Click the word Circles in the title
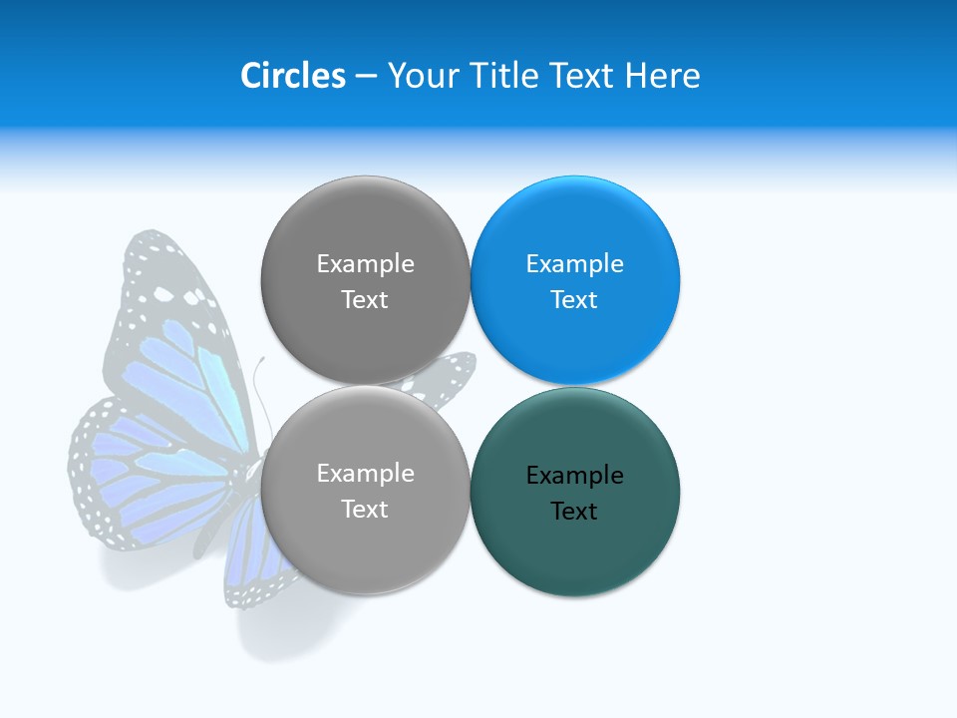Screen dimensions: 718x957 (x=293, y=76)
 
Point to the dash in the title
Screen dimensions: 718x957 (x=366, y=77)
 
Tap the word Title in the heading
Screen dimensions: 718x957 (x=504, y=76)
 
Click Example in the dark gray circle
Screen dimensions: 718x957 (x=365, y=263)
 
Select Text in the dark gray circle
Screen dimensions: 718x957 (x=365, y=299)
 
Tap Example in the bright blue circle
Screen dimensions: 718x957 (x=574, y=263)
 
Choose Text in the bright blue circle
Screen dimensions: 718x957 (x=574, y=299)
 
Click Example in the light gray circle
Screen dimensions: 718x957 (x=365, y=473)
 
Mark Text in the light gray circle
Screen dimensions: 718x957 (x=365, y=509)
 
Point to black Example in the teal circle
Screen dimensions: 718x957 (x=574, y=475)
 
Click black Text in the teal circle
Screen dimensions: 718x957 (x=574, y=511)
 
